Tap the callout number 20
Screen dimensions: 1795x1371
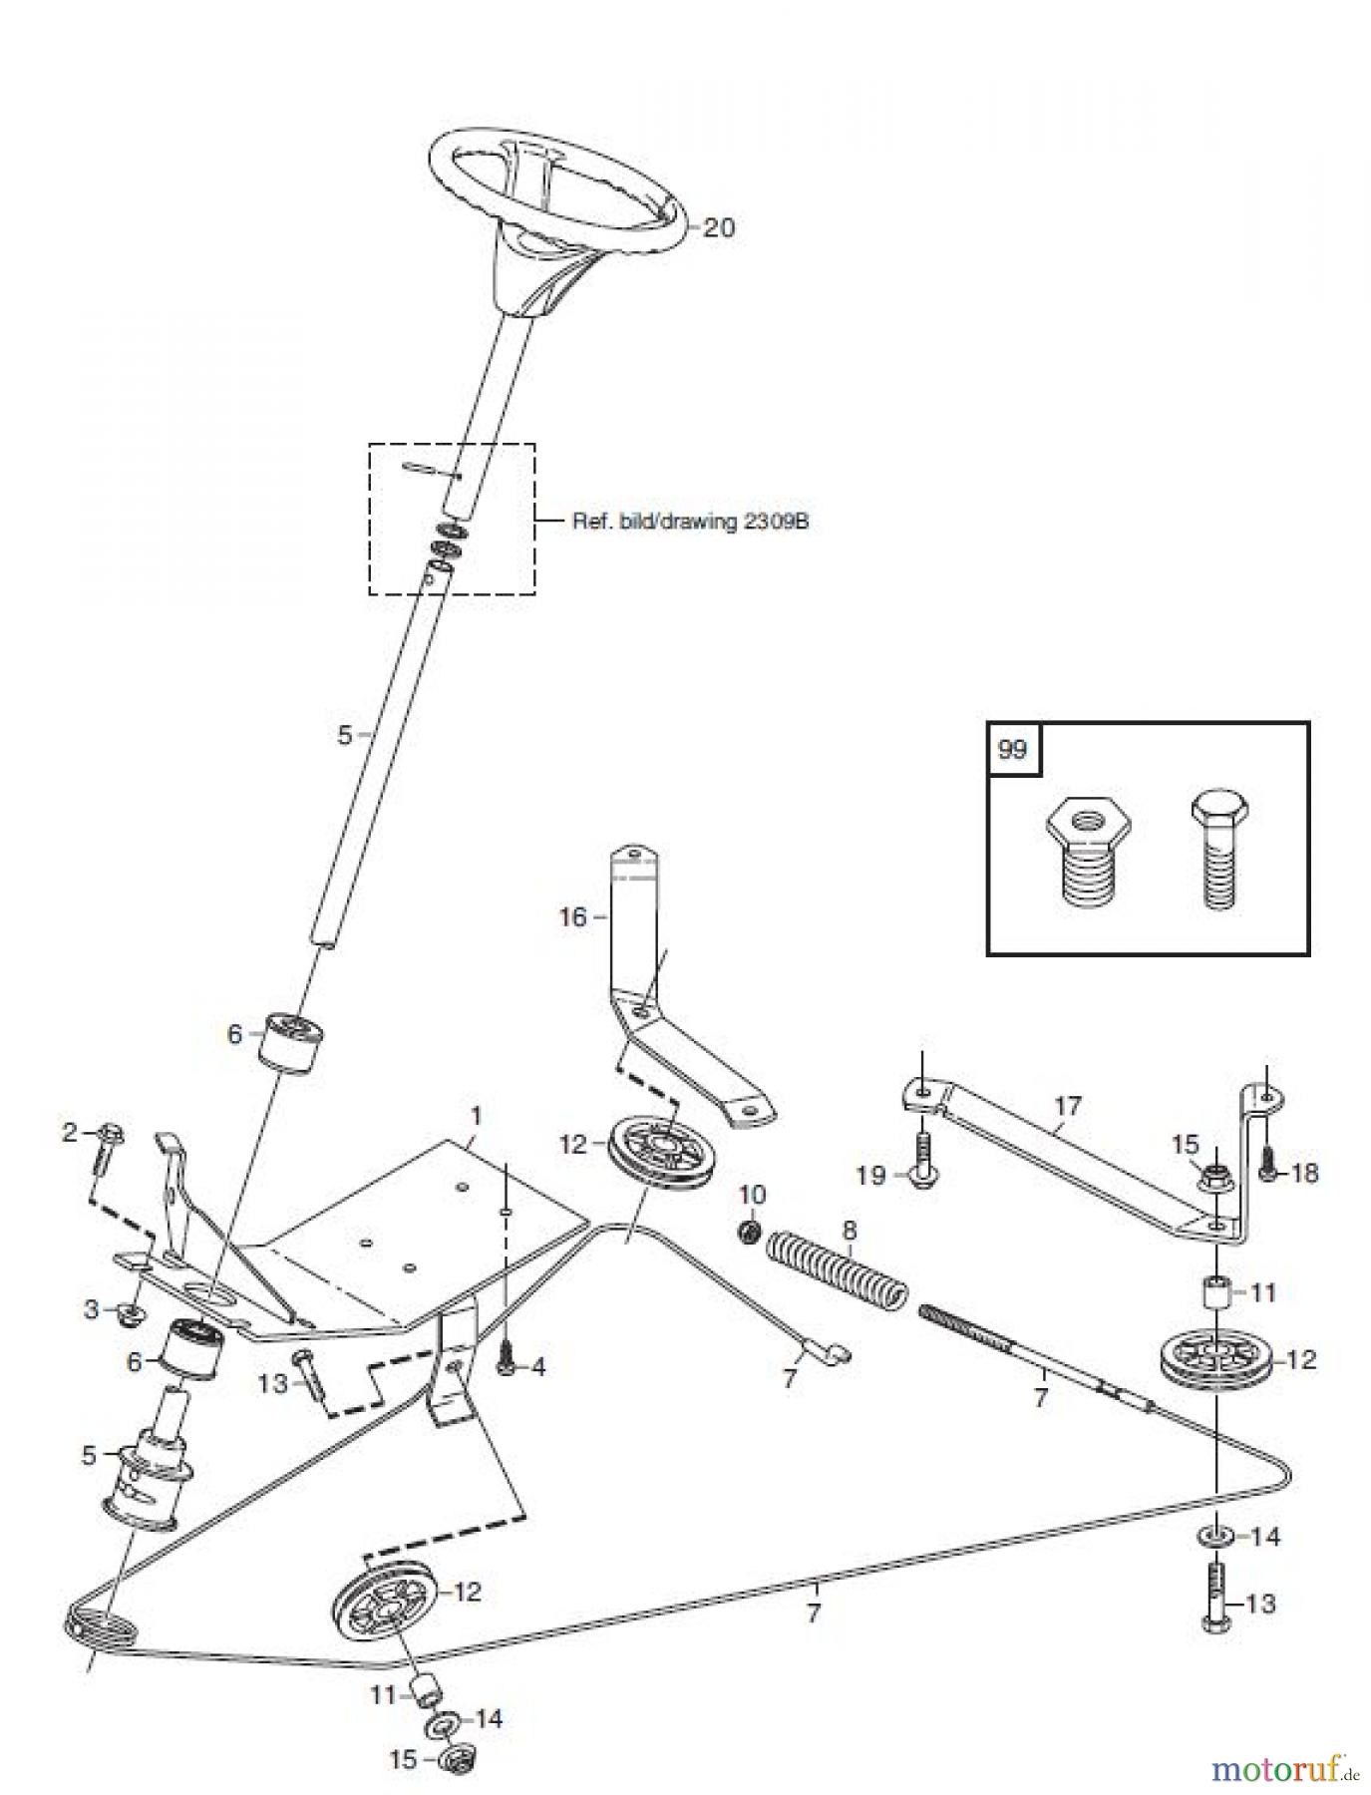[718, 228]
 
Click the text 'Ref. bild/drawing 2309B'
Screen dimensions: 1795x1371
[689, 521]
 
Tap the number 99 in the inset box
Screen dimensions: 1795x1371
[1012, 748]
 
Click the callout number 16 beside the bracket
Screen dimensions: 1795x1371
[572, 916]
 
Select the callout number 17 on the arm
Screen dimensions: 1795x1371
[1067, 1106]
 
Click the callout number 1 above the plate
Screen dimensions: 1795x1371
[476, 1114]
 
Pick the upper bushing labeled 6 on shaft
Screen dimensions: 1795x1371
[292, 1042]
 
